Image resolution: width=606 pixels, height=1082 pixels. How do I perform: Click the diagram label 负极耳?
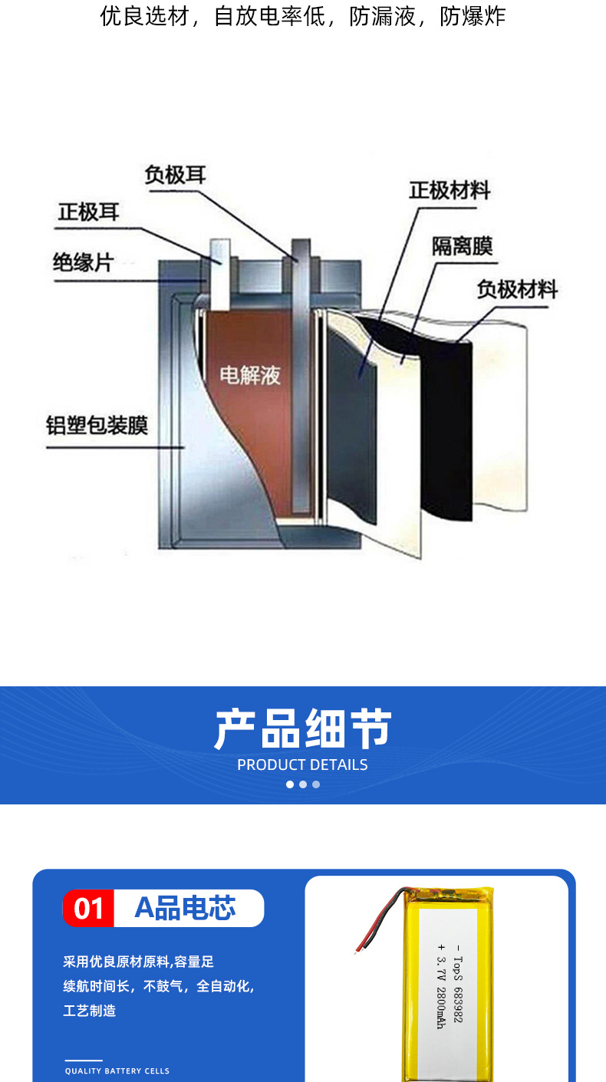(176, 175)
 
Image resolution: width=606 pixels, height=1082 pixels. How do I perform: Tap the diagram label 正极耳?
(89, 212)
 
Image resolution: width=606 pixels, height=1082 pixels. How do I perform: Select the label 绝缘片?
(83, 262)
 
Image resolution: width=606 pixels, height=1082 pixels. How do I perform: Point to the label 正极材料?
(450, 190)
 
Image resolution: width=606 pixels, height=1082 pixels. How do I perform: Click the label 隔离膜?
(461, 246)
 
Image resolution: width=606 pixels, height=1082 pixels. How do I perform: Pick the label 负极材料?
(517, 290)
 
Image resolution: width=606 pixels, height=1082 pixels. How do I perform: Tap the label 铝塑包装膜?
(97, 426)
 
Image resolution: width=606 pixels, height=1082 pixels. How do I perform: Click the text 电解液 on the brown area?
(250, 375)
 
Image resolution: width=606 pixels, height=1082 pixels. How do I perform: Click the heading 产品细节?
(303, 728)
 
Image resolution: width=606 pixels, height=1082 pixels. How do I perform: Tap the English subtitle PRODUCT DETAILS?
(302, 765)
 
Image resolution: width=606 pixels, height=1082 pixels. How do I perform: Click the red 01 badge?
(88, 909)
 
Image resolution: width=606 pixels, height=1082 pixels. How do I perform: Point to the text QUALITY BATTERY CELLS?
(117, 1070)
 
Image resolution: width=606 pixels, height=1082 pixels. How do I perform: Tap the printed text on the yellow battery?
(450, 984)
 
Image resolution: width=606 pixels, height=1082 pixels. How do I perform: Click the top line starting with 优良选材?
(303, 17)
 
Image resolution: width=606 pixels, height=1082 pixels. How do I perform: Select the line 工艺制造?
(90, 1011)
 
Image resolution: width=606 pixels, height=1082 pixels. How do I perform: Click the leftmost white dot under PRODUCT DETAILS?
(290, 784)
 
